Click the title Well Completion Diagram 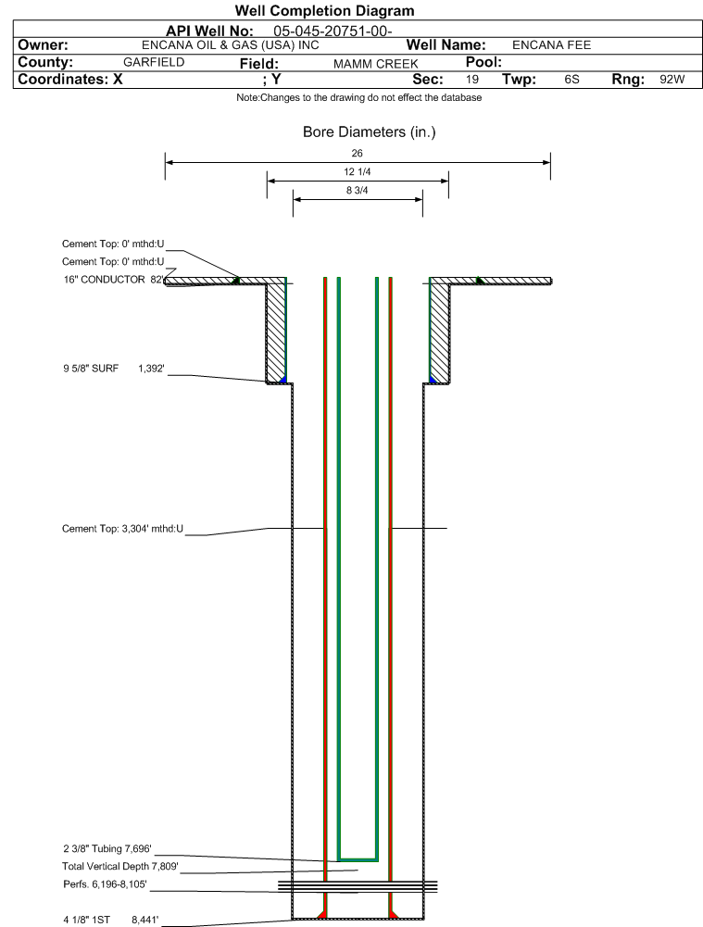pyautogui.click(x=324, y=10)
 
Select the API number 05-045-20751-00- pyautogui.click(x=333, y=31)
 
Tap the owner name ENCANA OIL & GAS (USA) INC pyautogui.click(x=231, y=45)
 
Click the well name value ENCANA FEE pyautogui.click(x=552, y=45)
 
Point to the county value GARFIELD pyautogui.click(x=154, y=62)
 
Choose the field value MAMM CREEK pyautogui.click(x=376, y=64)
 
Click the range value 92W pyautogui.click(x=672, y=80)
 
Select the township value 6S pyautogui.click(x=571, y=80)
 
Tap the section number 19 pyautogui.click(x=471, y=80)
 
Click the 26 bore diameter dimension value pyautogui.click(x=358, y=153)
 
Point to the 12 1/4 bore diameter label pyautogui.click(x=358, y=171)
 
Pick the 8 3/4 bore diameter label pyautogui.click(x=358, y=191)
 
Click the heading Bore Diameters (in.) pyautogui.click(x=369, y=132)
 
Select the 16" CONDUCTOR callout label pyautogui.click(x=113, y=280)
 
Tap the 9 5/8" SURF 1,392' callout pyautogui.click(x=114, y=369)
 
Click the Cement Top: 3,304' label pyautogui.click(x=122, y=529)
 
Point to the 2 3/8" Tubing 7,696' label pyautogui.click(x=107, y=849)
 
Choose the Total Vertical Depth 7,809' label pyautogui.click(x=120, y=867)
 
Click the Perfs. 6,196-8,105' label pyautogui.click(x=105, y=884)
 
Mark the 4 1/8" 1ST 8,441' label pyautogui.click(x=110, y=920)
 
